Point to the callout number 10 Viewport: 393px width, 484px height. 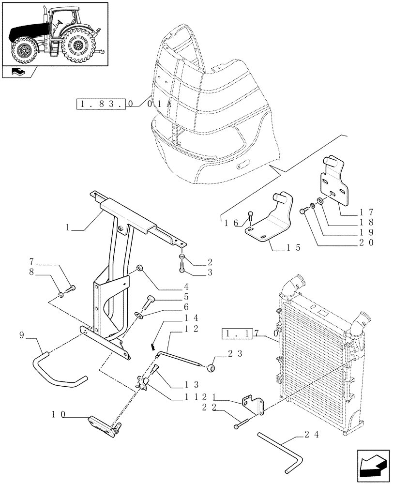(x=59, y=414)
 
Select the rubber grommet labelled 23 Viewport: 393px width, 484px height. (x=212, y=369)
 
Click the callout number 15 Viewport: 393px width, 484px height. (x=293, y=247)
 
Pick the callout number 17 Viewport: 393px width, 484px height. (x=366, y=212)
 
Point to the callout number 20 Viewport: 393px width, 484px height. (x=366, y=243)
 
